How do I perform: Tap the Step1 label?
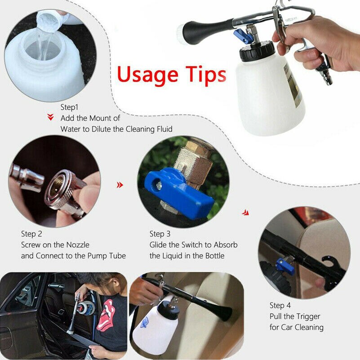tap(69, 107)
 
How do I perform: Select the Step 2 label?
tap(31, 234)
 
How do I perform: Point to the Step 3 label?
tap(160, 234)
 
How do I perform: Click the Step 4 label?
tap(280, 306)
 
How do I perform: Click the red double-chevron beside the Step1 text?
tap(50, 117)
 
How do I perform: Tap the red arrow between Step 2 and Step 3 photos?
tap(120, 185)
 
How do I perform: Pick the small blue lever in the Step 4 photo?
tap(284, 267)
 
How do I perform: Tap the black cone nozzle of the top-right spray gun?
tap(205, 31)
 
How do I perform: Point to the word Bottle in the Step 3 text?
tap(215, 256)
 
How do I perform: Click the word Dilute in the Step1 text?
tap(101, 129)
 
